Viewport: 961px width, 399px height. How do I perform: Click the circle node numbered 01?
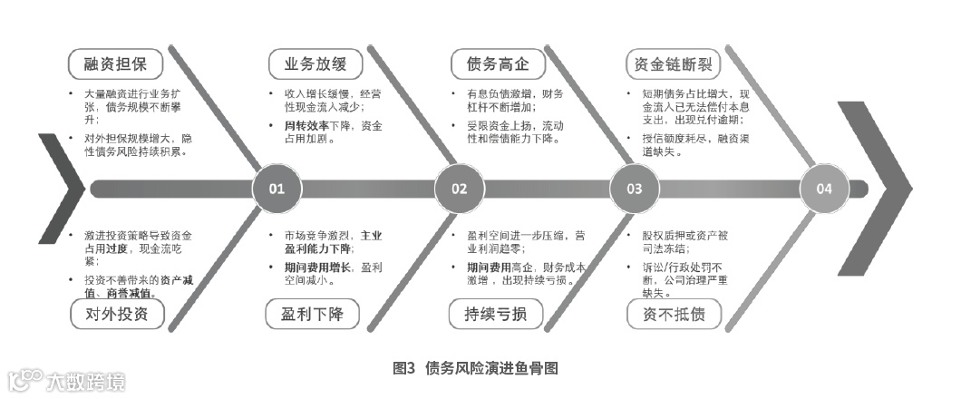(277, 190)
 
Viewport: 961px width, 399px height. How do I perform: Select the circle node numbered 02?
(459, 190)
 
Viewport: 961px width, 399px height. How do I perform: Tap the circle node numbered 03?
(634, 190)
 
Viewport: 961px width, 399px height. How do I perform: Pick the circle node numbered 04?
(823, 190)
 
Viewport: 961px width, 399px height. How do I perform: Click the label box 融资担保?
(116, 64)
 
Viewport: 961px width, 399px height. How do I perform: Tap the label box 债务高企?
(498, 64)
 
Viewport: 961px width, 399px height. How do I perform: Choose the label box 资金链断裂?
(674, 64)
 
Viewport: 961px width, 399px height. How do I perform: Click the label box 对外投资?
(116, 315)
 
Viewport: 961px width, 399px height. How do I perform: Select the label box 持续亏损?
(496, 315)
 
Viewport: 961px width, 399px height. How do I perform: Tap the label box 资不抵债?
(674, 315)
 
